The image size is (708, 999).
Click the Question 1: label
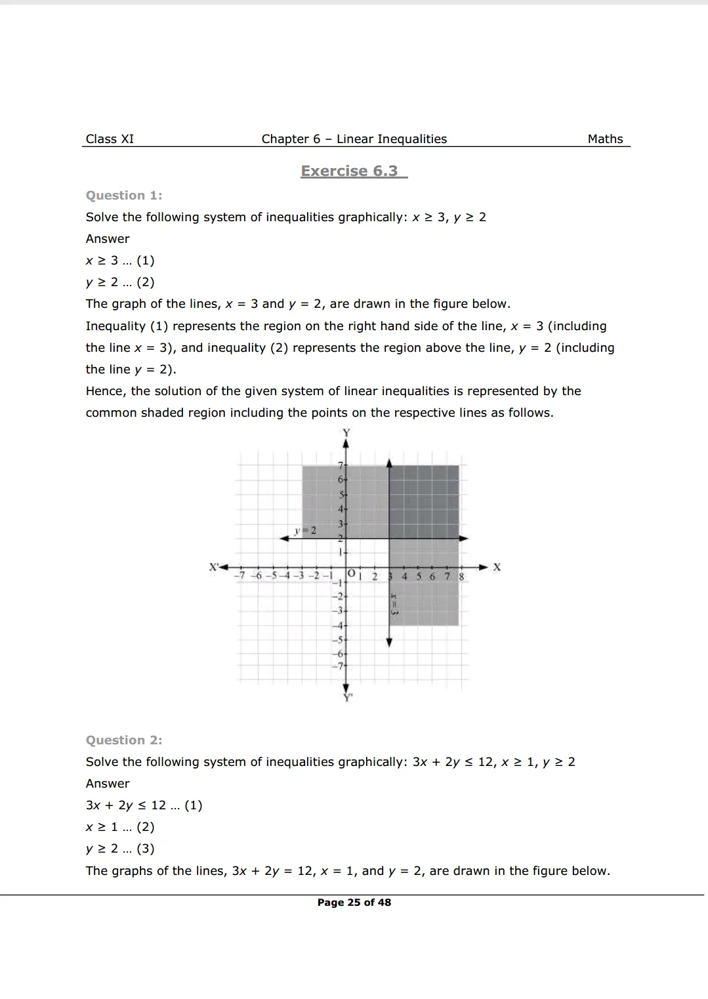click(124, 196)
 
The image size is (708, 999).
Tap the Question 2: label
click(124, 740)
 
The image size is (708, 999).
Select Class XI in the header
click(110, 139)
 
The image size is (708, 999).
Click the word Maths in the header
click(605, 139)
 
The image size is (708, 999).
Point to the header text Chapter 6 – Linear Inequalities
click(354, 139)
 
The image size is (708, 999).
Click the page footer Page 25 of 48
click(354, 903)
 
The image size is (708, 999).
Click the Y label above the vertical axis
click(346, 432)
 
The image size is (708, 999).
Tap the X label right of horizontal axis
click(497, 567)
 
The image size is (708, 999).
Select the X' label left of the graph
click(213, 566)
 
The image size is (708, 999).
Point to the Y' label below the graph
click(348, 698)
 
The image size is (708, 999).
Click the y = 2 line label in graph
click(305, 530)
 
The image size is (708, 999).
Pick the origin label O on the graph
click(352, 574)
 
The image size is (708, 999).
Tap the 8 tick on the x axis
click(461, 576)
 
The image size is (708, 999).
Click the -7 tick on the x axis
click(240, 576)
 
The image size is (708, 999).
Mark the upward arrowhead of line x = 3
click(389, 463)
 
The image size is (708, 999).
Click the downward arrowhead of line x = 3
click(389, 643)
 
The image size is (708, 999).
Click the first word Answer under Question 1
click(108, 239)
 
